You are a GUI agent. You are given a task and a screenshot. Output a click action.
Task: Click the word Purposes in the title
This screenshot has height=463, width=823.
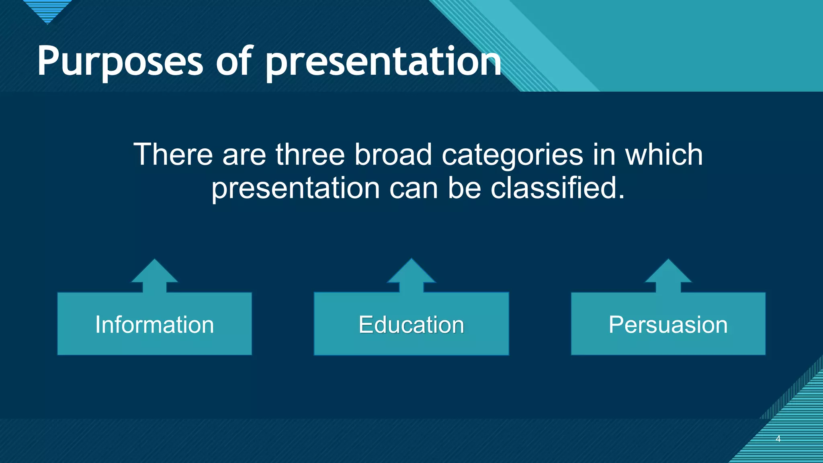(120, 62)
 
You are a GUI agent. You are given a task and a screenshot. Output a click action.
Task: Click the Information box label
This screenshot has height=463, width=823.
(154, 325)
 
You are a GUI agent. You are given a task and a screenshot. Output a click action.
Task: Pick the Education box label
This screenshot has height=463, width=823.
(411, 325)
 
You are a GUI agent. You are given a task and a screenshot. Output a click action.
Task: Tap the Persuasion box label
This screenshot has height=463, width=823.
(668, 325)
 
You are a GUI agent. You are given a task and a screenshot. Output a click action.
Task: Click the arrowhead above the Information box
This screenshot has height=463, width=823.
(154, 273)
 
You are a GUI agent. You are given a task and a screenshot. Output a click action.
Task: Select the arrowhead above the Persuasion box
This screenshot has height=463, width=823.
(668, 273)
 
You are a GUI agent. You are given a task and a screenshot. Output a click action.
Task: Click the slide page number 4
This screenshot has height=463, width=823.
(778, 439)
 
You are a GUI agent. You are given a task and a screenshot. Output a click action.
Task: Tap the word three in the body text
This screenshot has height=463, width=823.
(310, 155)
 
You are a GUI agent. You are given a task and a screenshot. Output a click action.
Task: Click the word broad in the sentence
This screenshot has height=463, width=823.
(393, 155)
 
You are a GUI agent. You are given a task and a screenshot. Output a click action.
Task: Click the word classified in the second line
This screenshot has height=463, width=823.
(557, 188)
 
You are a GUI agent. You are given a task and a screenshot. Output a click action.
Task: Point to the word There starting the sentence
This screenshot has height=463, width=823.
(173, 155)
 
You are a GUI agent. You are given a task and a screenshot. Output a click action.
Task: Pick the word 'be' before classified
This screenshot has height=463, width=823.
(464, 188)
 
